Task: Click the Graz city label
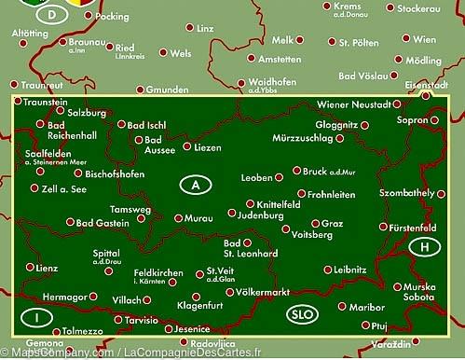[x=333, y=224]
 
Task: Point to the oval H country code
[x=425, y=247]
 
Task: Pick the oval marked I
[x=37, y=317]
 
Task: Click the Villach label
[x=126, y=300]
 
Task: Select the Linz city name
[x=205, y=29]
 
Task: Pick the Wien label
[x=424, y=40]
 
